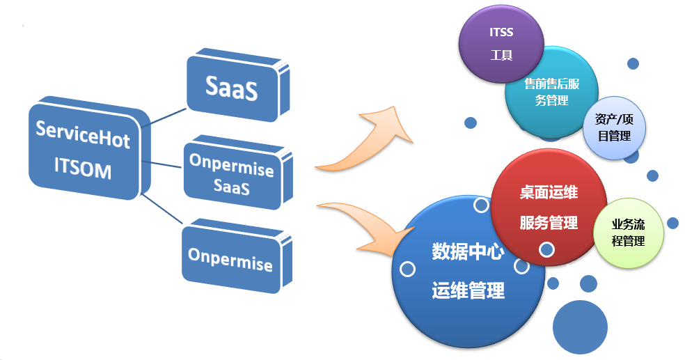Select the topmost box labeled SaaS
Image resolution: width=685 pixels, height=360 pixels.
coord(232,87)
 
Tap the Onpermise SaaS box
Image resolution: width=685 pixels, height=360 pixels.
coord(231,177)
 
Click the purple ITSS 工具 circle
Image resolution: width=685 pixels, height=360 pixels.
coord(501,44)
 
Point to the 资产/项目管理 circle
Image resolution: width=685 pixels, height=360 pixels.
coord(613,128)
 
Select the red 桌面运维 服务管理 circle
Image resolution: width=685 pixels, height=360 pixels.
coord(549,207)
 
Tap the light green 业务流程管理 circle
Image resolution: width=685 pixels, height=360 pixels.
coord(627,233)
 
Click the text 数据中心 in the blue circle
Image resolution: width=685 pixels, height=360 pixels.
coord(468,251)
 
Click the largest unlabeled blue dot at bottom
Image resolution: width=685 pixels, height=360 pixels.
coord(580,327)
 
